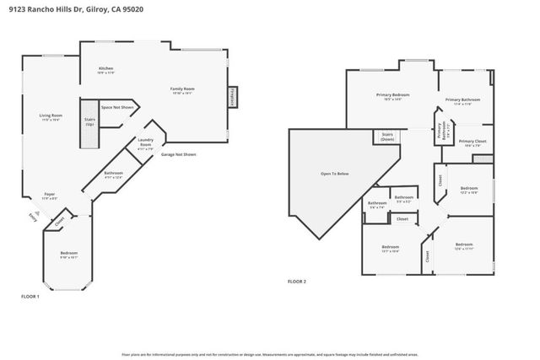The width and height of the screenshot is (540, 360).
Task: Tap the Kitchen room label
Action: [106, 70]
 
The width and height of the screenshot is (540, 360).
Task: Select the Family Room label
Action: [182, 90]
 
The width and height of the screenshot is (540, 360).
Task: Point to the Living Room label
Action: [51, 117]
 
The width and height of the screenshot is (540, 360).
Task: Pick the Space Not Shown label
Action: [118, 107]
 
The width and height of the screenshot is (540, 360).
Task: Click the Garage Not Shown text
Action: [178, 154]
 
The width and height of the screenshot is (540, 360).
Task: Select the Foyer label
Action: [50, 196]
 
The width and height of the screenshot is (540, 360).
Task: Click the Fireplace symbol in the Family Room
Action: [231, 96]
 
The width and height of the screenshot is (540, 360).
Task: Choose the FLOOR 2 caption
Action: [296, 281]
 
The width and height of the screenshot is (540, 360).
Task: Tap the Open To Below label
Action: [334, 174]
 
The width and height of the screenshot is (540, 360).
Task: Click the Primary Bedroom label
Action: [392, 96]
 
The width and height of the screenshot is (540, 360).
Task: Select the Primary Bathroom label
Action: [462, 102]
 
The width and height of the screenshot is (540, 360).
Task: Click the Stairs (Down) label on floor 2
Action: [388, 137]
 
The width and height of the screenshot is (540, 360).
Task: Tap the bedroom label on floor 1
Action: [68, 255]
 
